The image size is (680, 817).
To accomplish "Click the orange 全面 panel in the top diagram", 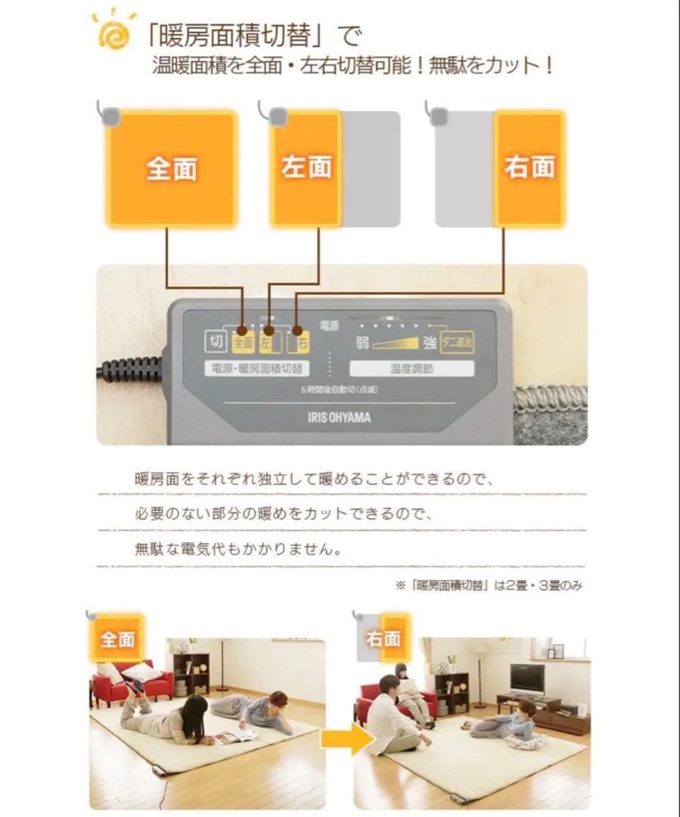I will [x=171, y=168].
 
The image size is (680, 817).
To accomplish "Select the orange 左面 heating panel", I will [x=306, y=168].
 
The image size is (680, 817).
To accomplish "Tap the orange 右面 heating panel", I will [x=529, y=168].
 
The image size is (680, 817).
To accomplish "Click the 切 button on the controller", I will [x=215, y=342].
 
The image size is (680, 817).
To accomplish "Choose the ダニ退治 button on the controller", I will [x=457, y=343].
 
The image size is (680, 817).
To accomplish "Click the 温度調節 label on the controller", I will [x=411, y=369].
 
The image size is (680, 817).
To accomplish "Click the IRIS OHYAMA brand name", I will [x=340, y=417].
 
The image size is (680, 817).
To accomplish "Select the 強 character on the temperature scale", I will [x=429, y=343].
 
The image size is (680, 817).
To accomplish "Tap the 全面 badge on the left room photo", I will [x=117, y=639].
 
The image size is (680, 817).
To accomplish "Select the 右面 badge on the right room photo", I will [x=383, y=639].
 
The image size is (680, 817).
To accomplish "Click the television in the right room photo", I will [x=526, y=679].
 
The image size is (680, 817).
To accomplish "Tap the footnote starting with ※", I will [x=488, y=585].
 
